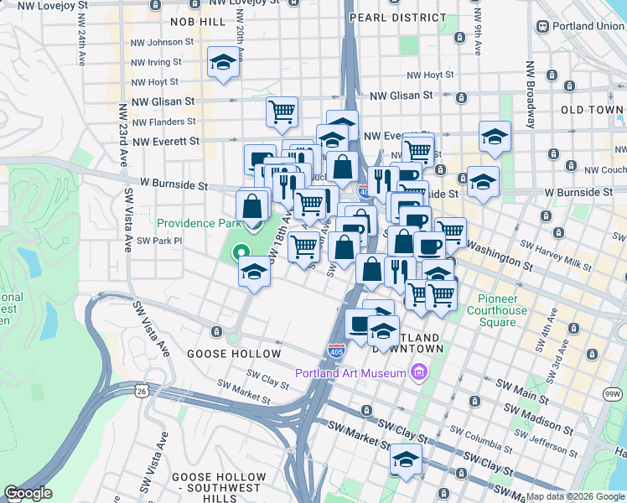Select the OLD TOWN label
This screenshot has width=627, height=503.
click(x=592, y=110)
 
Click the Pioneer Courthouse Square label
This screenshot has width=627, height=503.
click(x=503, y=311)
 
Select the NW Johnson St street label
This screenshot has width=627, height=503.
click(x=162, y=41)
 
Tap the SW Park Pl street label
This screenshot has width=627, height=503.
click(x=159, y=241)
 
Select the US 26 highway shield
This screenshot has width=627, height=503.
click(x=142, y=390)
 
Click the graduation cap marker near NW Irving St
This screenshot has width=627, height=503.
click(x=223, y=64)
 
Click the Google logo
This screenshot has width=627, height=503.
click(x=28, y=493)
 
